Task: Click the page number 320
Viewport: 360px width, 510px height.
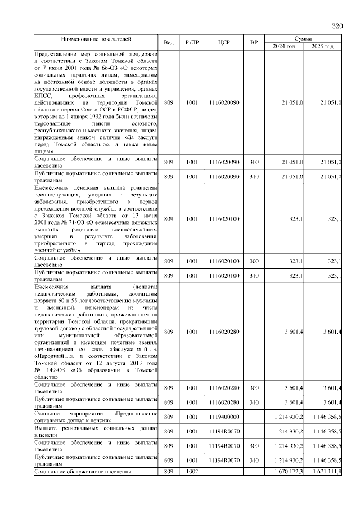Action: (x=337, y=26)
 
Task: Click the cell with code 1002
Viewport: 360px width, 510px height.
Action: (x=192, y=471)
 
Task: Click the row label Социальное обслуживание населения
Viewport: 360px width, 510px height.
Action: (x=83, y=471)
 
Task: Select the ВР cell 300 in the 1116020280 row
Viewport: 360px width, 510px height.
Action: (x=254, y=388)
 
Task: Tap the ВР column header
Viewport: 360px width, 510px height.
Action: (x=254, y=43)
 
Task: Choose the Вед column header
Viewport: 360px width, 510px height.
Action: (x=169, y=43)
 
